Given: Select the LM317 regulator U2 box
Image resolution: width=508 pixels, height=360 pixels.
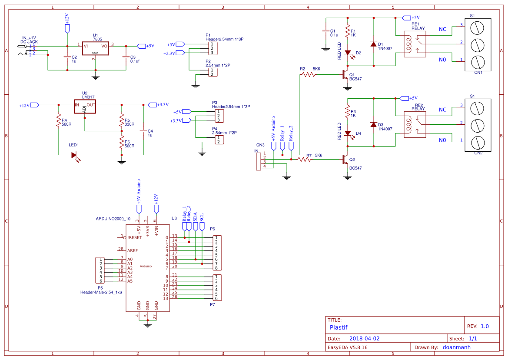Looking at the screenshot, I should click(x=85, y=105).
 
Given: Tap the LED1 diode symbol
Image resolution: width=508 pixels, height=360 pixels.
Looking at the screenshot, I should click(x=74, y=155).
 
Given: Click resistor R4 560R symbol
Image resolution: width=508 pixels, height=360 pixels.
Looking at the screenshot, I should click(x=59, y=121).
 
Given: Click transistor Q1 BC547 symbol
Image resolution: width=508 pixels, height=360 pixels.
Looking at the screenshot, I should click(x=345, y=75).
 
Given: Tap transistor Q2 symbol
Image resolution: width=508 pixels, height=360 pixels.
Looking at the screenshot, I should click(x=345, y=160).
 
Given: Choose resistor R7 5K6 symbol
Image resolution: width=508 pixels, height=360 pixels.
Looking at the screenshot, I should click(x=305, y=160).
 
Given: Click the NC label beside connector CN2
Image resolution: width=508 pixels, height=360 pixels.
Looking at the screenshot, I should click(x=442, y=110).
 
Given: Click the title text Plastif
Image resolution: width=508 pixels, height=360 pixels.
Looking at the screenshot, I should click(x=339, y=327).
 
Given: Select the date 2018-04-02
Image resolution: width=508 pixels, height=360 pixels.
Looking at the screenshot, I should click(x=365, y=338).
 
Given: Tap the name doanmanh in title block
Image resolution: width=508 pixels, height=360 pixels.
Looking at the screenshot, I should click(x=456, y=347).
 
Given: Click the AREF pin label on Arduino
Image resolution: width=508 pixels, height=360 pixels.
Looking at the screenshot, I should click(x=133, y=251).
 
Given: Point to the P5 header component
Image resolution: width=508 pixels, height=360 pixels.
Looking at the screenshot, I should click(x=100, y=270).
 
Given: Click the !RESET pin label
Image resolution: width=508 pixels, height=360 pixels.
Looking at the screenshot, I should click(x=134, y=238).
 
